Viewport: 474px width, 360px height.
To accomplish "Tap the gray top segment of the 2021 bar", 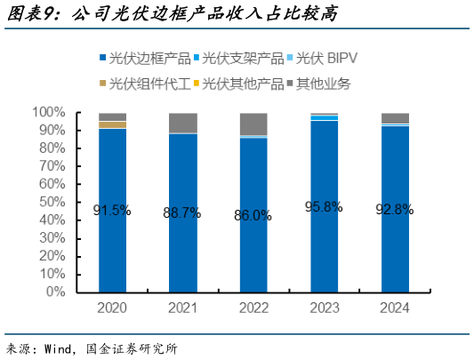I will pos(183,123).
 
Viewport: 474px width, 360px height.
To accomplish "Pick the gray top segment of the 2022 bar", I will pos(253,124).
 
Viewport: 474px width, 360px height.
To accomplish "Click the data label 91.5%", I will pos(112,211).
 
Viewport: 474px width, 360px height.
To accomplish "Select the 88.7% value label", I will pos(183,212).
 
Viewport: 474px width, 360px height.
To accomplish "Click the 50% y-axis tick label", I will pos(51,202).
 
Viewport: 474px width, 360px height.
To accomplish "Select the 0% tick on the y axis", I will pos(54,292).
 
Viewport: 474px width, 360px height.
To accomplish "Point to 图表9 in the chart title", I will pos(33,14).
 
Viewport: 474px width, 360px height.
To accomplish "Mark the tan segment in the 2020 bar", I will pos(112,124).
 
